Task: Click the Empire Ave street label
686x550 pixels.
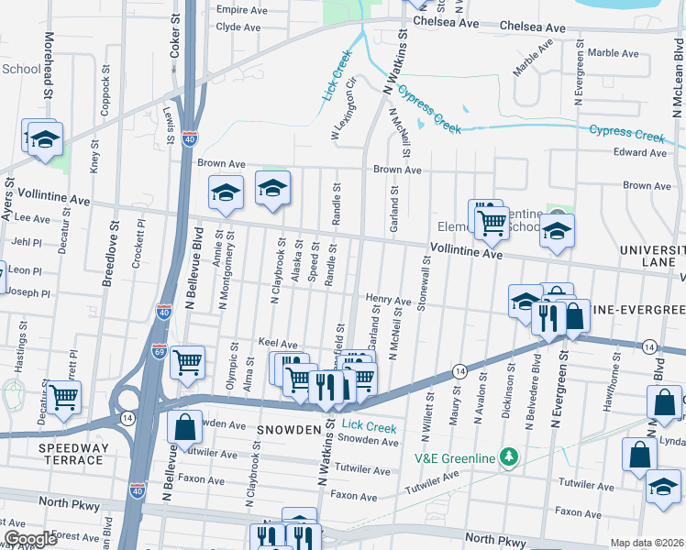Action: [x=241, y=10]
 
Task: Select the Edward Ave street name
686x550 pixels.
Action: [x=640, y=152]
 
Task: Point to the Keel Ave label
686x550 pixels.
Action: [x=278, y=342]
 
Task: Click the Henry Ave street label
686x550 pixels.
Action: [x=388, y=299]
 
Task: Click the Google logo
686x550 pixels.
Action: [x=30, y=538]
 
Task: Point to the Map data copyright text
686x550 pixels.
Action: [x=647, y=543]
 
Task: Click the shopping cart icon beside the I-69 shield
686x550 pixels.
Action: [x=187, y=361]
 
